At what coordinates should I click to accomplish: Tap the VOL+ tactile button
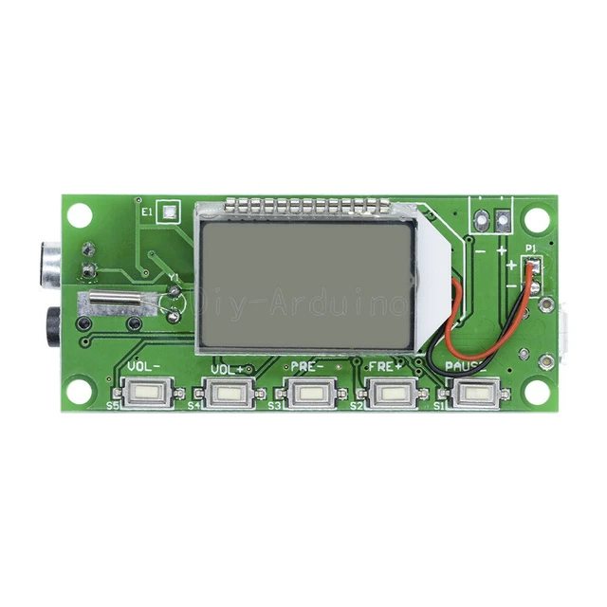(x=226, y=392)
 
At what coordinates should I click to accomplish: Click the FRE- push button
(x=308, y=392)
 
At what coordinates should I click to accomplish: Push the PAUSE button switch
(x=472, y=392)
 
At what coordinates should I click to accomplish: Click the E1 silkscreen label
(x=147, y=213)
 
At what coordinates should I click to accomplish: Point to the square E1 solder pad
(x=168, y=212)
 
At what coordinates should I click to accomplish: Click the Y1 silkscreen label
(x=174, y=278)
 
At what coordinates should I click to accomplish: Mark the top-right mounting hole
(x=537, y=219)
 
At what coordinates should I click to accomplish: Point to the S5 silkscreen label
(x=113, y=405)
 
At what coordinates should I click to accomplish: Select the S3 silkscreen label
(x=274, y=405)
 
